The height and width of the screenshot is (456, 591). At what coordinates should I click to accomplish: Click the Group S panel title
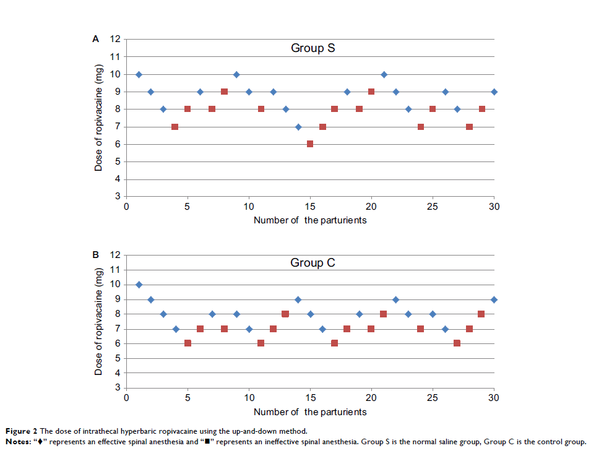tap(313, 48)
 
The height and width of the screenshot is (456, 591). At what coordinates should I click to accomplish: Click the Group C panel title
tap(313, 263)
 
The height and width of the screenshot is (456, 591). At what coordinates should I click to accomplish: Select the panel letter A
tap(95, 39)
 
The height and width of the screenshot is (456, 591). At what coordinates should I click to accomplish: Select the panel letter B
tap(95, 254)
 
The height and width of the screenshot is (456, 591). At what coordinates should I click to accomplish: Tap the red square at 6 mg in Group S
tap(310, 144)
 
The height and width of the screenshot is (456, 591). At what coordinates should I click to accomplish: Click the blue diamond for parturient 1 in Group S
tap(139, 74)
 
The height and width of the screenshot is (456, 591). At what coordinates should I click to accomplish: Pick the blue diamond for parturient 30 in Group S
tap(494, 92)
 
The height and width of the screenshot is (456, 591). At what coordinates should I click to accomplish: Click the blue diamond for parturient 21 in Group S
tap(384, 74)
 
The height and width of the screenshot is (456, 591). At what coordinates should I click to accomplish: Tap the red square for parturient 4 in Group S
tap(175, 127)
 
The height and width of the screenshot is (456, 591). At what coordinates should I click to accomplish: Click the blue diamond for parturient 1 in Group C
tap(139, 285)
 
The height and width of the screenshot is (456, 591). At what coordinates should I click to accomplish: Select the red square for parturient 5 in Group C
tap(188, 343)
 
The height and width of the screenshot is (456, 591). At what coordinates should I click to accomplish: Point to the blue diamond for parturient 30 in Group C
tap(494, 299)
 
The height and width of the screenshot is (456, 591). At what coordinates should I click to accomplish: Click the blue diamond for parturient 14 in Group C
tap(298, 299)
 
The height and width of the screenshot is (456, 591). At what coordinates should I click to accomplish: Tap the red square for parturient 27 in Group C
tap(457, 343)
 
